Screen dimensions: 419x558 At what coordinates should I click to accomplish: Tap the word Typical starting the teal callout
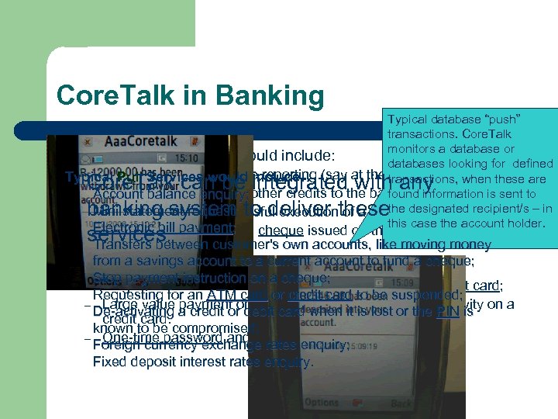click(405, 119)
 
